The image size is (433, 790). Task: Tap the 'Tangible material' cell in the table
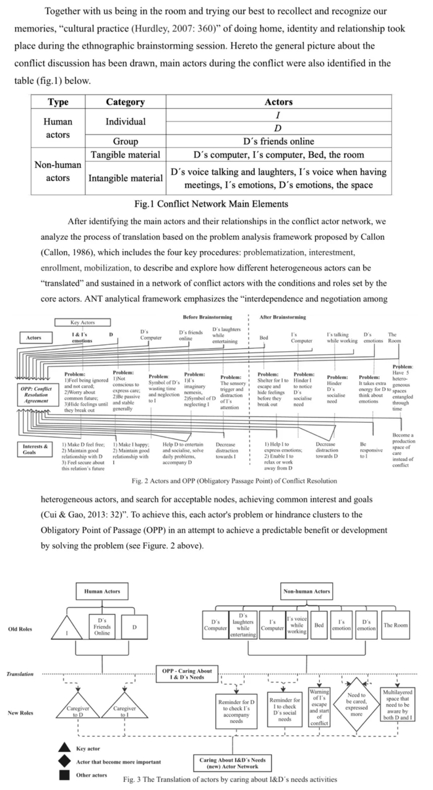pyautogui.click(x=125, y=155)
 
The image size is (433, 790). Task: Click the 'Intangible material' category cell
pyautogui.click(x=125, y=178)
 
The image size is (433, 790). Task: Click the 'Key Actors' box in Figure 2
pyautogui.click(x=83, y=322)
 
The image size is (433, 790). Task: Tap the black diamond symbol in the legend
pyautogui.click(x=64, y=761)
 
